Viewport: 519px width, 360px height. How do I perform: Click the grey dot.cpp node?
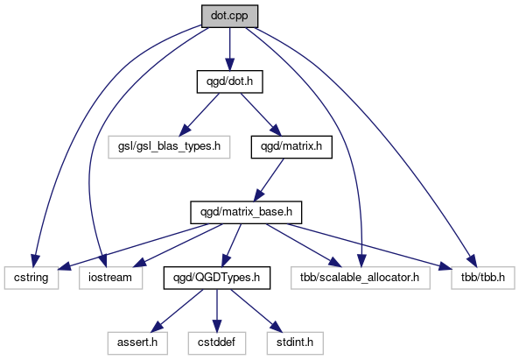[229, 17]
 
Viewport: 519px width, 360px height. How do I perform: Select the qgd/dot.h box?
[229, 81]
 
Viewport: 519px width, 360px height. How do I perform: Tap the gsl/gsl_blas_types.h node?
[169, 147]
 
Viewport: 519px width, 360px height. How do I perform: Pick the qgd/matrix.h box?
[291, 147]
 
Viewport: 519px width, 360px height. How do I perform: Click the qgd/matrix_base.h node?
[246, 212]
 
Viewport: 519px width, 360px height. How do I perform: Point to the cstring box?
[32, 278]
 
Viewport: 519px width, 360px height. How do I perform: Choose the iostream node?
[110, 278]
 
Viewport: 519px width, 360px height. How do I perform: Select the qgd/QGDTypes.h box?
[217, 278]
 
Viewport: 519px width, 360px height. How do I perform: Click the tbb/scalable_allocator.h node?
[361, 278]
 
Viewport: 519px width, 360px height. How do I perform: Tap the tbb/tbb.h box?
[483, 278]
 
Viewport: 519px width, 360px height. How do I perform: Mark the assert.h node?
[137, 342]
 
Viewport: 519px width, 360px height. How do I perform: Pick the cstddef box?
[217, 342]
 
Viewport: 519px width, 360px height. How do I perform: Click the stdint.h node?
[295, 342]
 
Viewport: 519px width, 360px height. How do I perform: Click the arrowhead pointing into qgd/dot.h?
[229, 64]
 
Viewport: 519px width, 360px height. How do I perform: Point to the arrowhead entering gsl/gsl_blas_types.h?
[184, 131]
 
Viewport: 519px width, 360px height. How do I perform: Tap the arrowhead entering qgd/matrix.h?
[276, 131]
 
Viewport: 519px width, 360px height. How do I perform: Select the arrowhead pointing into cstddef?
[217, 326]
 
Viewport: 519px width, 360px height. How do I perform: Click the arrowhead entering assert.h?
[157, 327]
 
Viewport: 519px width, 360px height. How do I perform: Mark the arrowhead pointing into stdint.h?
[277, 327]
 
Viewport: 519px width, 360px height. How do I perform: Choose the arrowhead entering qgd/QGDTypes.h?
[226, 261]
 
